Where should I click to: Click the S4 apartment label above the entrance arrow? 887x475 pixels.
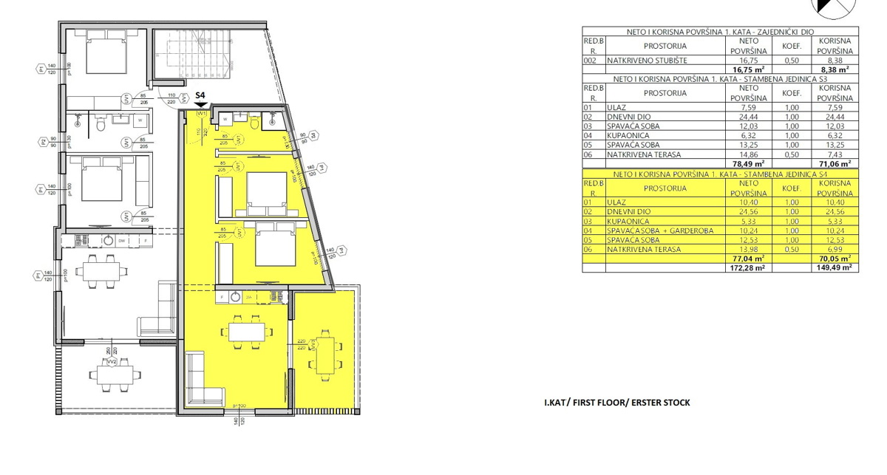point(200,95)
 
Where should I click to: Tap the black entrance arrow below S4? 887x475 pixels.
point(200,105)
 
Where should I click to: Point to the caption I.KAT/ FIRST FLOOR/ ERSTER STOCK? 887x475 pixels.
point(617,403)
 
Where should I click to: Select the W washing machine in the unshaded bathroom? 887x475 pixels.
point(140,120)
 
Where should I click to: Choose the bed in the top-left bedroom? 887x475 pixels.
point(102,52)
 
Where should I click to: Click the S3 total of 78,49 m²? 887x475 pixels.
point(748,164)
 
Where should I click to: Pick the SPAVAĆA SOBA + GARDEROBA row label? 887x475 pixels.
point(660,230)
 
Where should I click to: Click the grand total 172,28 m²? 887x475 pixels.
point(748,268)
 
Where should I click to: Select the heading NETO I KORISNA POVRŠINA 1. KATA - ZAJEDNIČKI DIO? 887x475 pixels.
point(720,33)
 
